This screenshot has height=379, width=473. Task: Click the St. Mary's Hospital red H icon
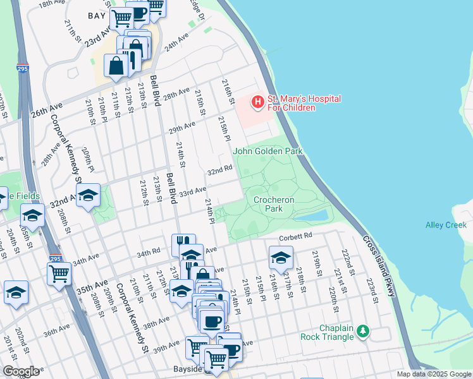click(257, 101)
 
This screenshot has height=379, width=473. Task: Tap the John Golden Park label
click(267, 151)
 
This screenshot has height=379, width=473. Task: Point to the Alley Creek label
click(446, 225)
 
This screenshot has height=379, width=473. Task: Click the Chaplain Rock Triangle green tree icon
click(362, 330)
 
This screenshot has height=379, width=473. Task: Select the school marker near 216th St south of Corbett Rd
click(281, 257)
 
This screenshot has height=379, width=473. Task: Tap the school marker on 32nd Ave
click(89, 195)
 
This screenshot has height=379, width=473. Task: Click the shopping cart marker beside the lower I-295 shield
click(59, 274)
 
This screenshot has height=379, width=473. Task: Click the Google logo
click(20, 371)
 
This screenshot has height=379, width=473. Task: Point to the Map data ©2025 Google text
click(433, 374)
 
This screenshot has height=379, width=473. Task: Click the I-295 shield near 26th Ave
click(23, 68)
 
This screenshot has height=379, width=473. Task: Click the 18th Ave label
click(51, 3)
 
